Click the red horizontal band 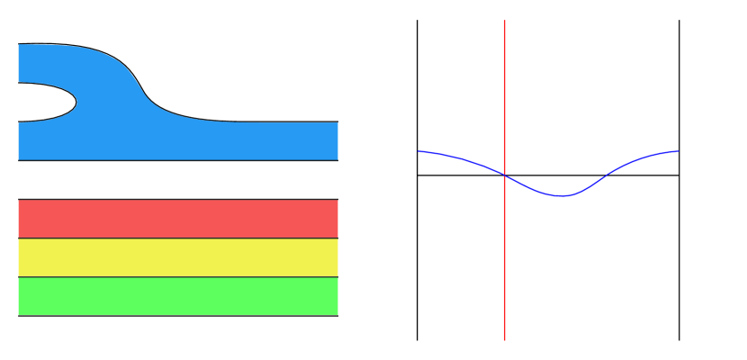click(178, 219)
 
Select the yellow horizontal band click(178, 257)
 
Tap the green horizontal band click(178, 296)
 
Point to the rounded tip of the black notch click(76, 103)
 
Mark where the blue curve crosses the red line click(505, 175)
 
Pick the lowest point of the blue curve click(562, 195)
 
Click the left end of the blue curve click(418, 151)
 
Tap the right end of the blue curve click(679, 151)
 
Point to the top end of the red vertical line click(505, 20)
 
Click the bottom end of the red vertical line click(505, 340)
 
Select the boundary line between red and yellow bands click(178, 238)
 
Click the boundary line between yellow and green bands click(178, 276)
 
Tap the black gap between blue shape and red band click(178, 180)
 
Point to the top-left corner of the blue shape click(19, 45)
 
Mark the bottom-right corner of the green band click(337, 314)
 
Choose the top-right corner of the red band click(337, 201)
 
